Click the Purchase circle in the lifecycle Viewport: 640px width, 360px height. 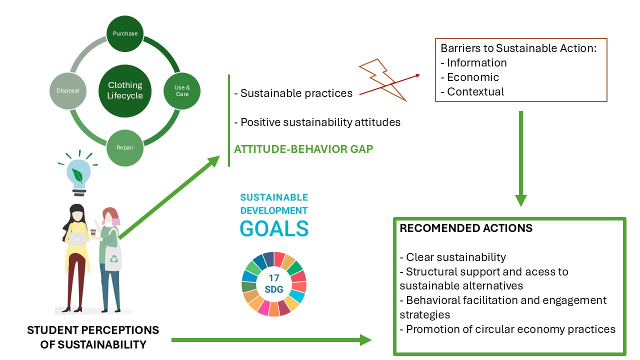click(125, 33)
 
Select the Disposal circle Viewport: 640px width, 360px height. click(68, 91)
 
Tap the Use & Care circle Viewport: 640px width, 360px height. click(182, 91)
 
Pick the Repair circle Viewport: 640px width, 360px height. click(125, 147)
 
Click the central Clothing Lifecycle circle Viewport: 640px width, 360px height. click(125, 91)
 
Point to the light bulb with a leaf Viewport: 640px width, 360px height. click(78, 173)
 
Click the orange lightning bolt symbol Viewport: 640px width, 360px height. click(383, 80)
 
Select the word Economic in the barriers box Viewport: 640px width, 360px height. click(473, 77)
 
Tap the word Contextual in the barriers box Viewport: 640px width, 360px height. click(475, 91)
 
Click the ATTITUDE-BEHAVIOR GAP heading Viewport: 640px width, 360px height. click(303, 149)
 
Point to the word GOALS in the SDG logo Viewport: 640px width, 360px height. click(274, 228)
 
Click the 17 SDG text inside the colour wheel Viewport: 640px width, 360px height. click(273, 283)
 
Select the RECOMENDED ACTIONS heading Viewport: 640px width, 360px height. click(466, 228)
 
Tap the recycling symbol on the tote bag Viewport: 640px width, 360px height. click(113, 259)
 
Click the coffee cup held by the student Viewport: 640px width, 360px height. click(93, 232)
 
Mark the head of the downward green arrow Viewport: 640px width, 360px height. click(521, 200)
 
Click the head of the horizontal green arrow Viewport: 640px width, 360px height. click(365, 340)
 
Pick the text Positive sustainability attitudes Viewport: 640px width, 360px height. click(320, 122)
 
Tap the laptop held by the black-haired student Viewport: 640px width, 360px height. click(77, 239)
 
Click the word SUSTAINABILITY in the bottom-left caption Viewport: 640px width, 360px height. click(102, 345)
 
